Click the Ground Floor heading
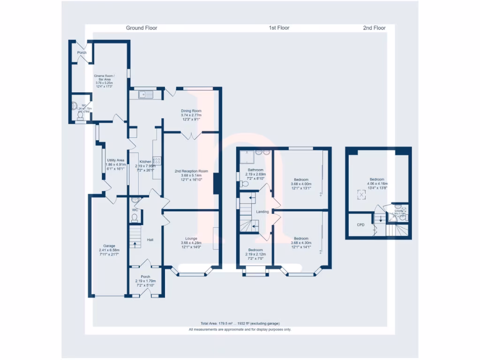click(142, 28)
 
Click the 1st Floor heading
click(279, 28)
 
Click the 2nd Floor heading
click(374, 28)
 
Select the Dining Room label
click(191, 111)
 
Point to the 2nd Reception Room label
click(191, 171)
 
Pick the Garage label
click(109, 246)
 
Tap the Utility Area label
click(115, 160)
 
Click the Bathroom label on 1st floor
click(255, 170)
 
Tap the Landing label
click(262, 212)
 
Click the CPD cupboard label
click(360, 225)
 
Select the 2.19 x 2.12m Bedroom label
click(255, 250)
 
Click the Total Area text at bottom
click(240, 323)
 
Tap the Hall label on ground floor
click(150, 240)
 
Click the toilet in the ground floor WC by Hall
click(135, 217)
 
